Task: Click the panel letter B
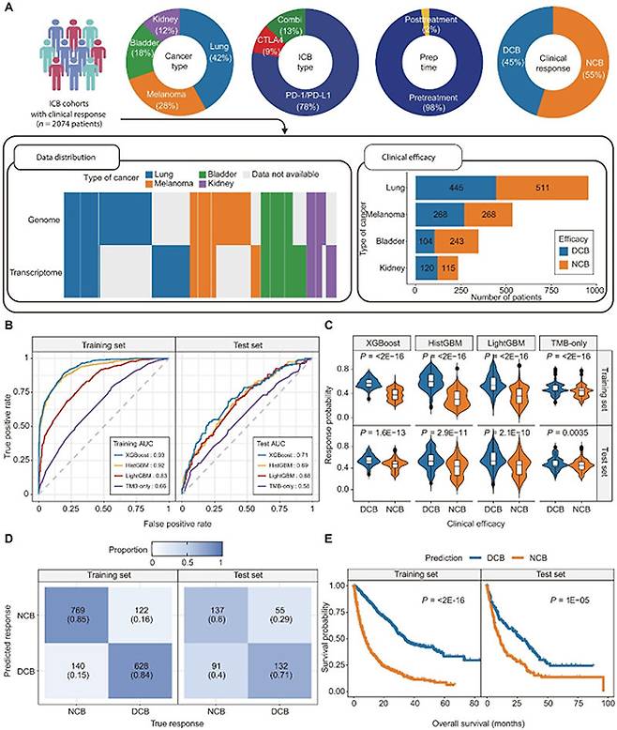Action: (8, 327)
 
